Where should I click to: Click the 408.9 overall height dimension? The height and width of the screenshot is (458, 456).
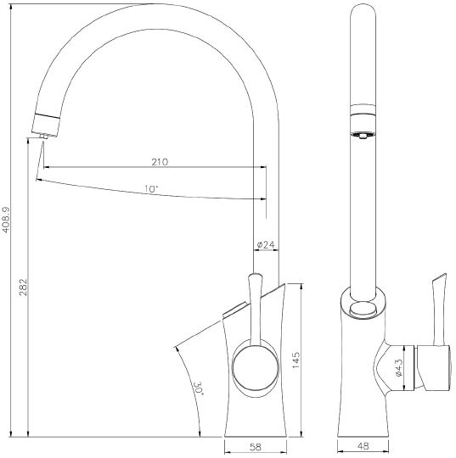(x=7, y=218)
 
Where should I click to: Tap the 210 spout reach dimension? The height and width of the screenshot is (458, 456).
(x=159, y=161)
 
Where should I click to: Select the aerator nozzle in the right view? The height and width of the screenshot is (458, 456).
(x=363, y=134)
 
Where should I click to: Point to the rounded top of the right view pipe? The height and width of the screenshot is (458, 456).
(x=363, y=12)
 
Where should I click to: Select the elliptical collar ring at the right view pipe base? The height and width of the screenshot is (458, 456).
(x=363, y=307)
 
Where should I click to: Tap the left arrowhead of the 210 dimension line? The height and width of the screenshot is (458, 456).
(x=47, y=167)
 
